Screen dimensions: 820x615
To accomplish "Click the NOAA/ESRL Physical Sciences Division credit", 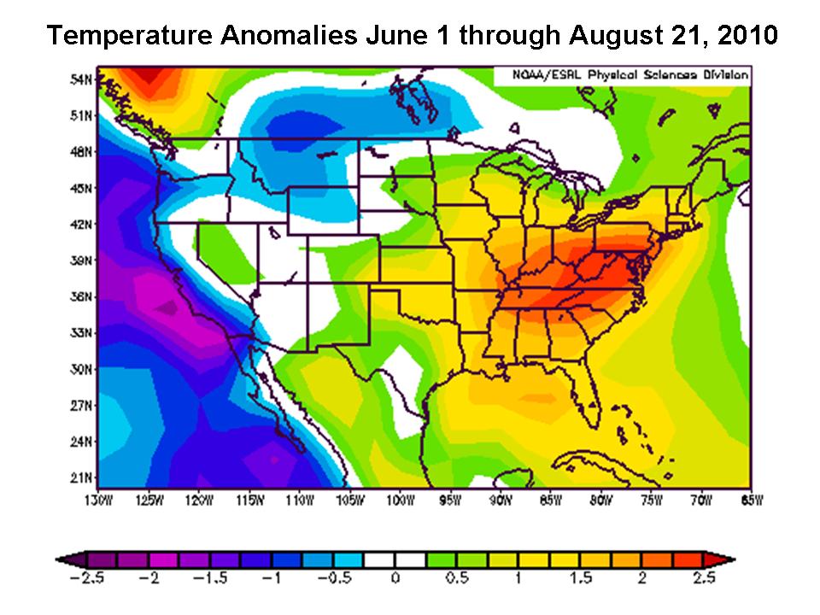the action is click(x=630, y=75).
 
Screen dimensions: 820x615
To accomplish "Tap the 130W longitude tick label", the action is click(x=98, y=501).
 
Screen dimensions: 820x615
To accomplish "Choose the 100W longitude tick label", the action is click(x=400, y=501).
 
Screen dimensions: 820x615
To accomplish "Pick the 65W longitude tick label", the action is click(x=752, y=501).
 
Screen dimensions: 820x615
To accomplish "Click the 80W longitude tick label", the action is click(x=600, y=501).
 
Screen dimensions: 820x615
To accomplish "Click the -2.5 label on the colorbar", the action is click(x=86, y=578).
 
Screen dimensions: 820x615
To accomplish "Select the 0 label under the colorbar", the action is click(x=395, y=578).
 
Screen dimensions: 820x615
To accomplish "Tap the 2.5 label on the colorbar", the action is click(x=704, y=578).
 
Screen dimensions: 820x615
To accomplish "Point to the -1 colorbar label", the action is click(x=272, y=578).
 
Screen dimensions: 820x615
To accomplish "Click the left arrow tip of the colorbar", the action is click(x=56, y=560).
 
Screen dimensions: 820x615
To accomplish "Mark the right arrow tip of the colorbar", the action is click(x=735, y=560).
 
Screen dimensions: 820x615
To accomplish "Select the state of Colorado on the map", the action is click(x=343, y=259).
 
